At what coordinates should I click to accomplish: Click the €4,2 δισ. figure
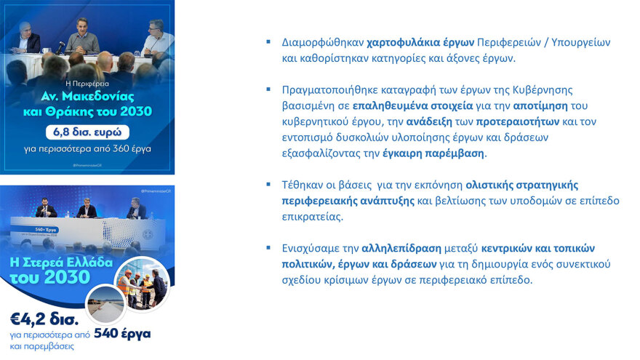click(x=37, y=319)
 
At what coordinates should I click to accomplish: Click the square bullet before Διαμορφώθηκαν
click(x=268, y=42)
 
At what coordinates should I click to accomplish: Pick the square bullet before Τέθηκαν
click(x=268, y=185)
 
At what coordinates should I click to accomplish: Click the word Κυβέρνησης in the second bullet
click(x=541, y=90)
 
